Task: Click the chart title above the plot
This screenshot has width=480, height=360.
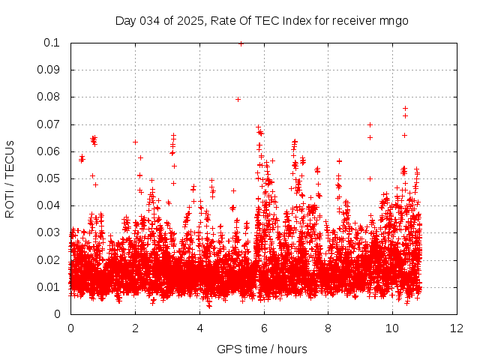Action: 262,20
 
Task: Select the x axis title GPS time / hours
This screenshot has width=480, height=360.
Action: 262,349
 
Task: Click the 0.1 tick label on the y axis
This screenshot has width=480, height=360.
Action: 53,43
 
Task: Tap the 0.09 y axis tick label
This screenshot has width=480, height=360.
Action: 50,70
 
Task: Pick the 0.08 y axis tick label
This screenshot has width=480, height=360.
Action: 50,97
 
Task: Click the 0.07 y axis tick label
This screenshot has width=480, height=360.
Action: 50,124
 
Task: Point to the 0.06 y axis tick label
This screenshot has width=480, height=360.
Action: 50,151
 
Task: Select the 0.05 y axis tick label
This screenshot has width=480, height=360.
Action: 50,178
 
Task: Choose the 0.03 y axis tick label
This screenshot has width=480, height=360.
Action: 50,232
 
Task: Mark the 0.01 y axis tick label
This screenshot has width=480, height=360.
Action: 50,287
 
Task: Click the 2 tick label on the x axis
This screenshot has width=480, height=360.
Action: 135,328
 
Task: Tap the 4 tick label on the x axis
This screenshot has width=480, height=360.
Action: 199,328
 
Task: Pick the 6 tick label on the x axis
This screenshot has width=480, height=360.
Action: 264,328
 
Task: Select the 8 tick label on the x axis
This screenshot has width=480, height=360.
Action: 328,328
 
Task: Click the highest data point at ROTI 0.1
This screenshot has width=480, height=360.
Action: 241,43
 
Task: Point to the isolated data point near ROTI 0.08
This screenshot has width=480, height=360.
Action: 238,99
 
